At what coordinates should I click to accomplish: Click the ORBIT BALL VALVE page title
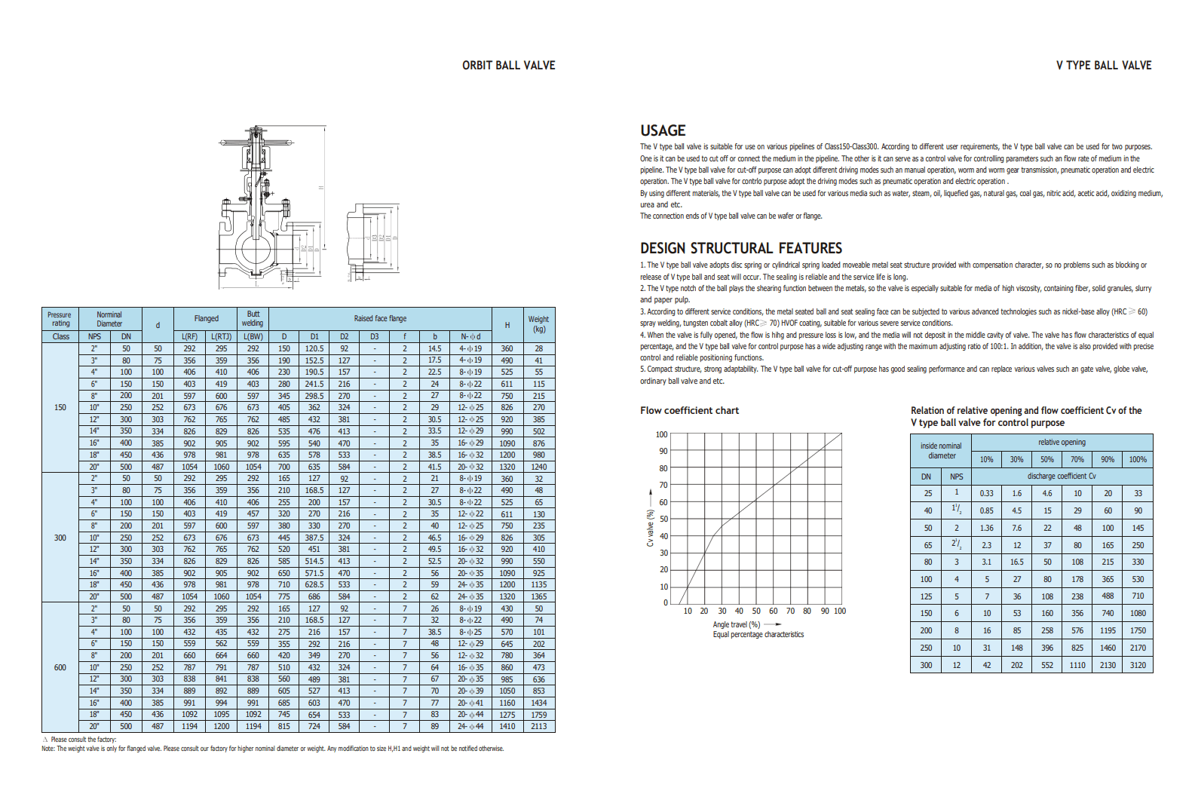click(x=508, y=66)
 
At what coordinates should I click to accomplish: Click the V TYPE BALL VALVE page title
click(x=1103, y=66)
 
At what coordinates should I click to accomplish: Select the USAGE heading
click(x=663, y=130)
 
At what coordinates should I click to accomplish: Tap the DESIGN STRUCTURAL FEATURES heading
click(x=740, y=248)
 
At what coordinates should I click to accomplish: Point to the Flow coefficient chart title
click(x=689, y=410)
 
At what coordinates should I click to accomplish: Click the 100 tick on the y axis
click(x=661, y=434)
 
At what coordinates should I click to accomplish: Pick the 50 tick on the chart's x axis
click(x=756, y=611)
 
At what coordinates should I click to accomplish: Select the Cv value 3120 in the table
click(x=1137, y=665)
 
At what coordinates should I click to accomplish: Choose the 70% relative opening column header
click(x=1077, y=459)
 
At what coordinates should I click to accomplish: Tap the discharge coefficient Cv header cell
click(x=1061, y=476)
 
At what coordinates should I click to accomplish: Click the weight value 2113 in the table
click(x=538, y=726)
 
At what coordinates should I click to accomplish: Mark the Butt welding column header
click(x=253, y=318)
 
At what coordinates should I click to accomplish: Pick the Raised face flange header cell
click(x=380, y=318)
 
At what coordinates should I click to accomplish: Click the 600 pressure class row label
click(x=60, y=667)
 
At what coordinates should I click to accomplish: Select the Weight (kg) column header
click(x=538, y=324)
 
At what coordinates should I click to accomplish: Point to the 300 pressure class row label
click(x=60, y=538)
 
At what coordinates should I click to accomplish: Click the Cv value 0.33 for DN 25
click(x=986, y=493)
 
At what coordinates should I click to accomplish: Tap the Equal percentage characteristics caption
click(x=758, y=634)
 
